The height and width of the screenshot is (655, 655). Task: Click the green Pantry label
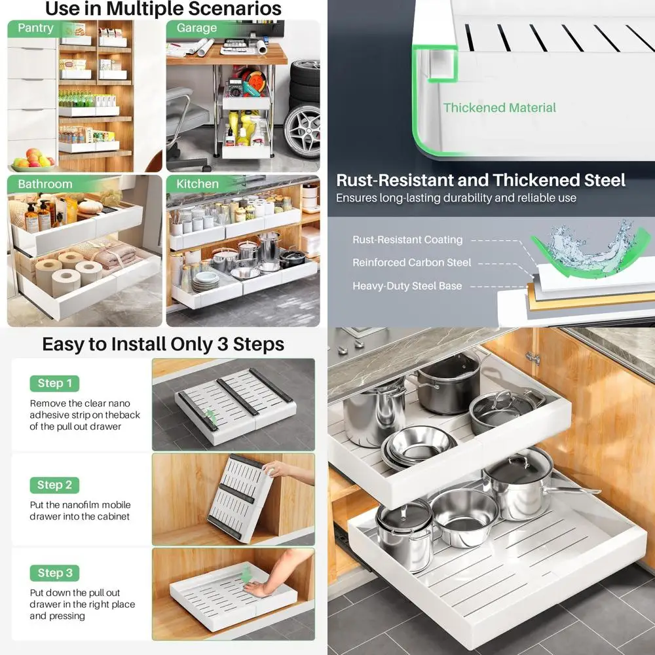click(35, 28)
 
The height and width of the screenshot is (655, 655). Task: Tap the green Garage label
click(196, 28)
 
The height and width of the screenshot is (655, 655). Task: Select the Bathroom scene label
click(45, 184)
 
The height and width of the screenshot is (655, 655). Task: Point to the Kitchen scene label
click(197, 184)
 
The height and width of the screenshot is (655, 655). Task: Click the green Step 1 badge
click(55, 383)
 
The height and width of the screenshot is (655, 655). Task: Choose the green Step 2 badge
click(55, 485)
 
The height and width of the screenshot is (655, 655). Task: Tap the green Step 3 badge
click(55, 572)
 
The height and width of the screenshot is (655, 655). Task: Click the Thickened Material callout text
click(499, 108)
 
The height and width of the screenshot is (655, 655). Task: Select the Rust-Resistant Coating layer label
click(407, 240)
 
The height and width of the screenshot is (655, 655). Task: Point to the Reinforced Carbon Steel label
click(411, 263)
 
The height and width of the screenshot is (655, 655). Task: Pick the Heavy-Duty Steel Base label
click(407, 286)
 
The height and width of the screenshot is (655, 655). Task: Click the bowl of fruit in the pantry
click(33, 160)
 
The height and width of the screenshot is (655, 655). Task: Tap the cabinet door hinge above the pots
click(533, 358)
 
